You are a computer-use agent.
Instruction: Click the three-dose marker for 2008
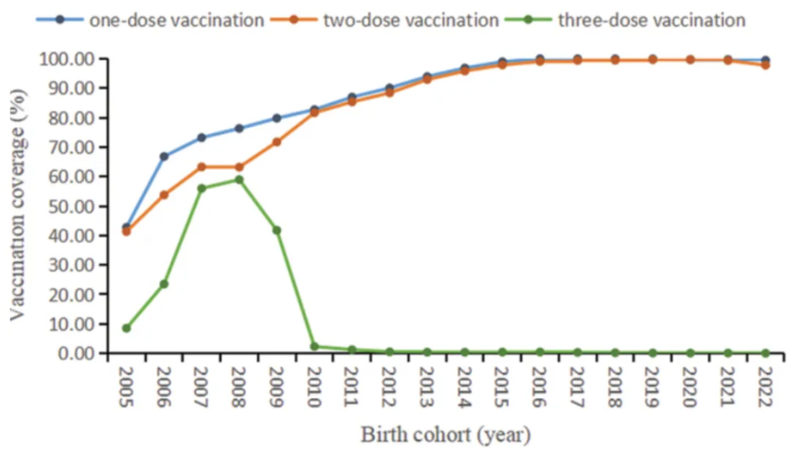[239, 180]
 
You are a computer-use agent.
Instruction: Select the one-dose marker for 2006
[164, 156]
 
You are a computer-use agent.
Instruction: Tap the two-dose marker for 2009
[277, 142]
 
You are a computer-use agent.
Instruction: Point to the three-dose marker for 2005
[127, 328]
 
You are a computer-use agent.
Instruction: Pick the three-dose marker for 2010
[314, 347]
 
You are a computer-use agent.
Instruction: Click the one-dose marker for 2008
[239, 129]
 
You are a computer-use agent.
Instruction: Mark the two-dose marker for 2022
[766, 65]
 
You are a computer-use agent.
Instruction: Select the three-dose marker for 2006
[164, 284]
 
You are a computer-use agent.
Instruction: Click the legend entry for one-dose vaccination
[176, 20]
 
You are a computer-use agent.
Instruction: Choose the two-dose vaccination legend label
[411, 20]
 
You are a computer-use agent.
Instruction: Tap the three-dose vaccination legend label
[651, 20]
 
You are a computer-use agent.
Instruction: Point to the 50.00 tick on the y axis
[71, 206]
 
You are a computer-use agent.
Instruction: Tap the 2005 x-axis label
[127, 387]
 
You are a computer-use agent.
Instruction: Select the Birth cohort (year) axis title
[445, 434]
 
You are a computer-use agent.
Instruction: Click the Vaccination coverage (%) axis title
[18, 205]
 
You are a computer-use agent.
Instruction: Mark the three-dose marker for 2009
[277, 231]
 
